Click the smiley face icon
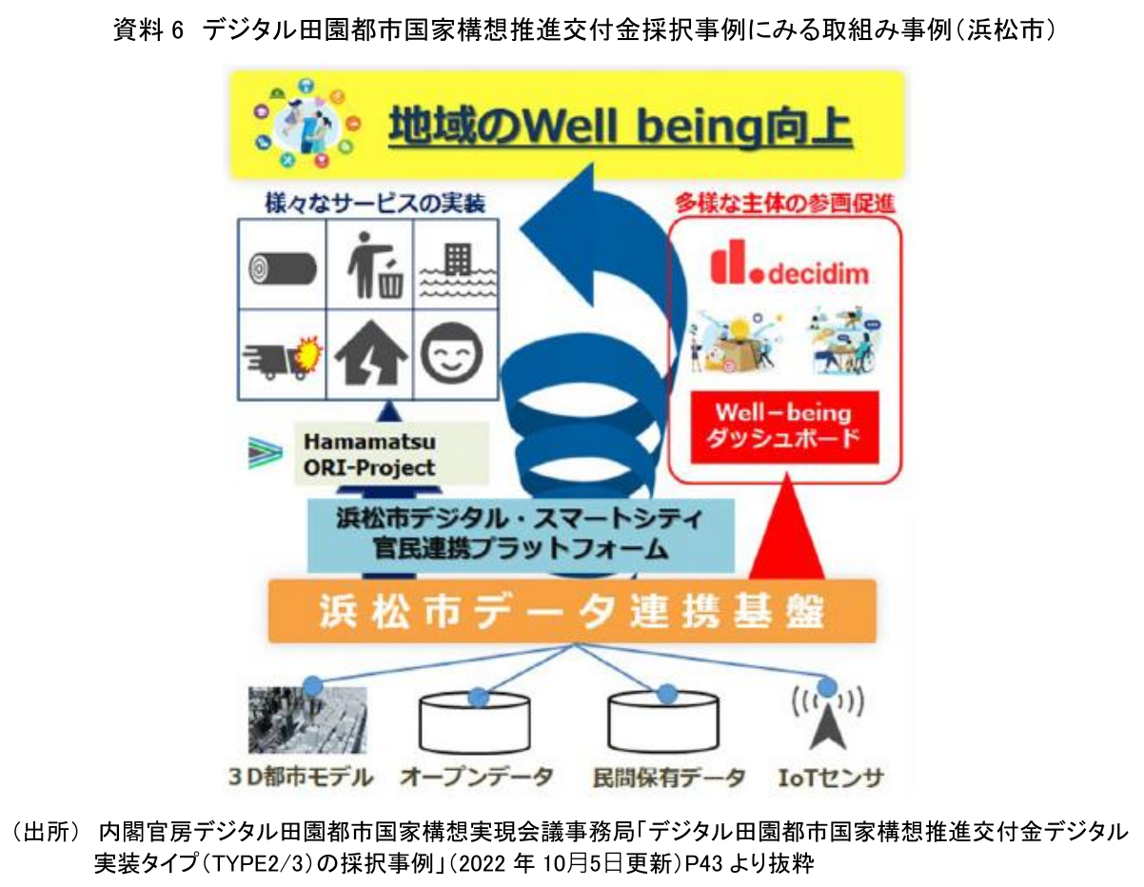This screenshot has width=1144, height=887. pos(452,353)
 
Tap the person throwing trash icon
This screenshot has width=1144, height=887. pos(375,266)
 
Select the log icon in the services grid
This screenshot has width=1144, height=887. pos(283,268)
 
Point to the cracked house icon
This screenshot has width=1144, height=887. pos(371,353)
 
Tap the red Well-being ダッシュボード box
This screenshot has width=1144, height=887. pos(784,427)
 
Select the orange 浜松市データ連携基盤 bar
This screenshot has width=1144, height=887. pos(572,611)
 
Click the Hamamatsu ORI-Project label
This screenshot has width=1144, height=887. pos(369,454)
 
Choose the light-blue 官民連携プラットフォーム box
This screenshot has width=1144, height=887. pos(521,535)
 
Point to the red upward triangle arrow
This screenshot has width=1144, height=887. pos(786,526)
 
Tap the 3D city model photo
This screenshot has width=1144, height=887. pos(307,719)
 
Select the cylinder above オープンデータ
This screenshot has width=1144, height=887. pos(475,723)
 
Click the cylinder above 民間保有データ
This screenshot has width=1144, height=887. pos(663,721)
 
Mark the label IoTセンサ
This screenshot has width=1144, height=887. pos(830,778)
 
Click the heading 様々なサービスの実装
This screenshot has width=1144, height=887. pos(375,204)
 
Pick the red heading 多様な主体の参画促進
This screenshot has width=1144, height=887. pos(785,204)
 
